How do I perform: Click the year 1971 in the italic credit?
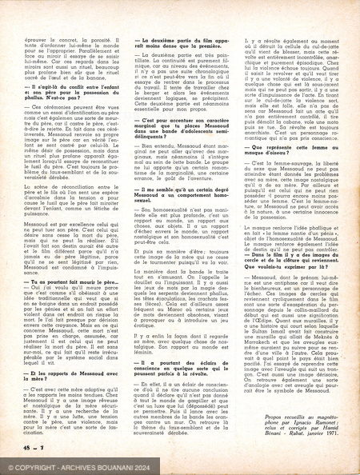pyautogui.click(x=335, y=437)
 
